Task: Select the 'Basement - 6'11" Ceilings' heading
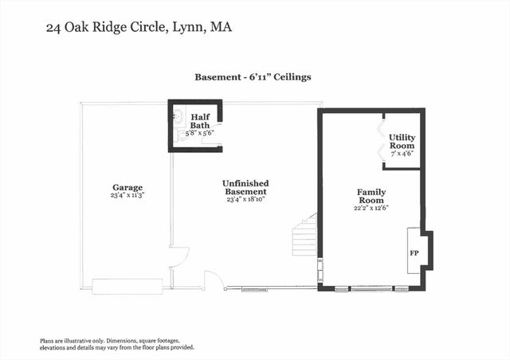click(x=253, y=77)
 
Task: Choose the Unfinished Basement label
click(x=244, y=187)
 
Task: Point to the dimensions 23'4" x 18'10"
click(x=244, y=200)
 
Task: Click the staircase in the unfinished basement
click(x=305, y=239)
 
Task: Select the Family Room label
click(x=371, y=196)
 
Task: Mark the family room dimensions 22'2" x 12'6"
click(x=371, y=208)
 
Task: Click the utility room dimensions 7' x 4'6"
click(x=402, y=155)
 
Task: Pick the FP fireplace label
click(x=414, y=252)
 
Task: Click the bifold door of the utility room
click(x=381, y=139)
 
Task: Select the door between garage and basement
click(x=178, y=256)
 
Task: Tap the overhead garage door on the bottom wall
click(x=127, y=285)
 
